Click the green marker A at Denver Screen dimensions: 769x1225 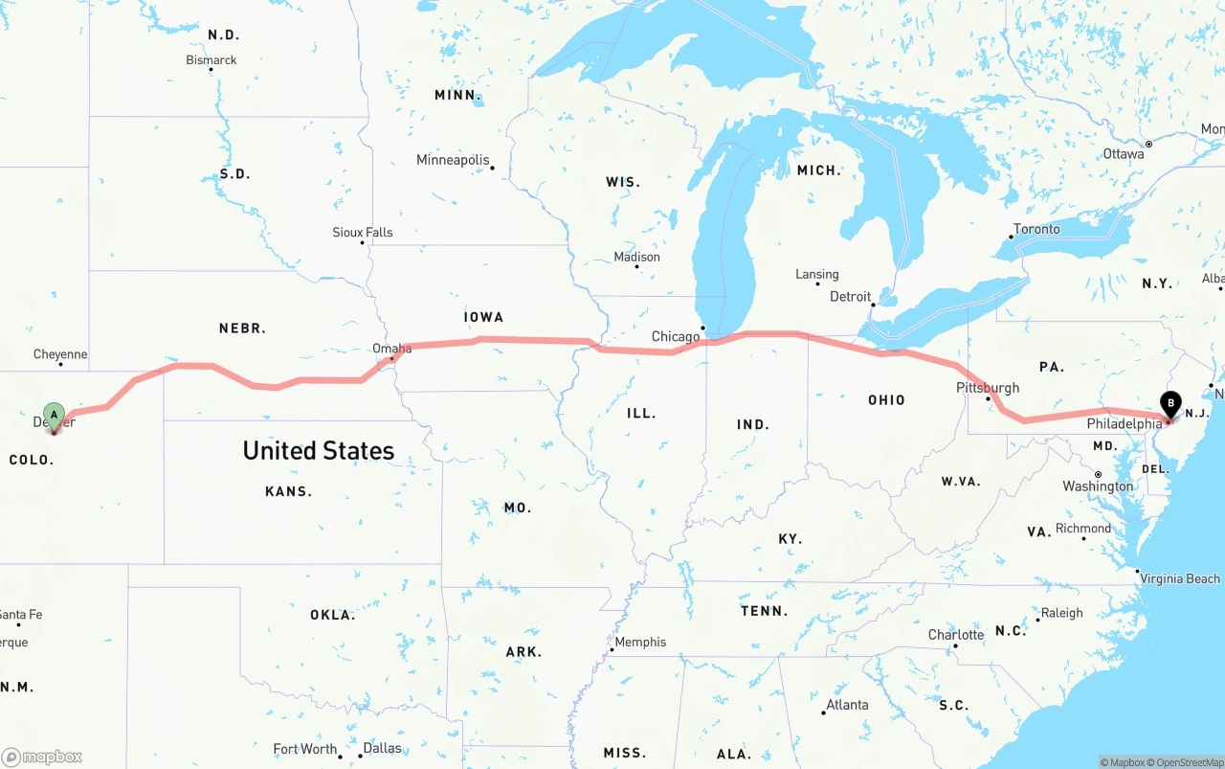click(55, 416)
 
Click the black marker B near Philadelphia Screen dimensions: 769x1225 click(1170, 404)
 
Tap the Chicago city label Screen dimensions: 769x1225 click(676, 337)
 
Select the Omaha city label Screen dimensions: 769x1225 click(392, 349)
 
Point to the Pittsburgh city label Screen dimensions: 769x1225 click(988, 388)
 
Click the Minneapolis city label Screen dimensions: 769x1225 click(453, 160)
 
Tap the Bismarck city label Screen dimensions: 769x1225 click(212, 60)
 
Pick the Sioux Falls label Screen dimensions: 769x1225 click(363, 233)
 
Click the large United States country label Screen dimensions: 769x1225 click(318, 450)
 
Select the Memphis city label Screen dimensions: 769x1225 click(640, 642)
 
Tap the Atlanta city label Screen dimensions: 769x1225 click(847, 705)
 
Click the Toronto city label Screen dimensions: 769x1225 click(1036, 229)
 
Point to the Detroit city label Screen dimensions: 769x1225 click(851, 297)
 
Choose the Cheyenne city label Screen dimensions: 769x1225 click(60, 354)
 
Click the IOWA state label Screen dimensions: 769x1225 click(483, 317)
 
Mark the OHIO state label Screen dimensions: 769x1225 click(886, 399)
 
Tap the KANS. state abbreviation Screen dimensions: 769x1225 click(288, 491)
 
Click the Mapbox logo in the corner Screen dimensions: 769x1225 click(42, 757)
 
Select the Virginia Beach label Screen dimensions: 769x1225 click(1180, 578)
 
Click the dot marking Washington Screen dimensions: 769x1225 click(1098, 474)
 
